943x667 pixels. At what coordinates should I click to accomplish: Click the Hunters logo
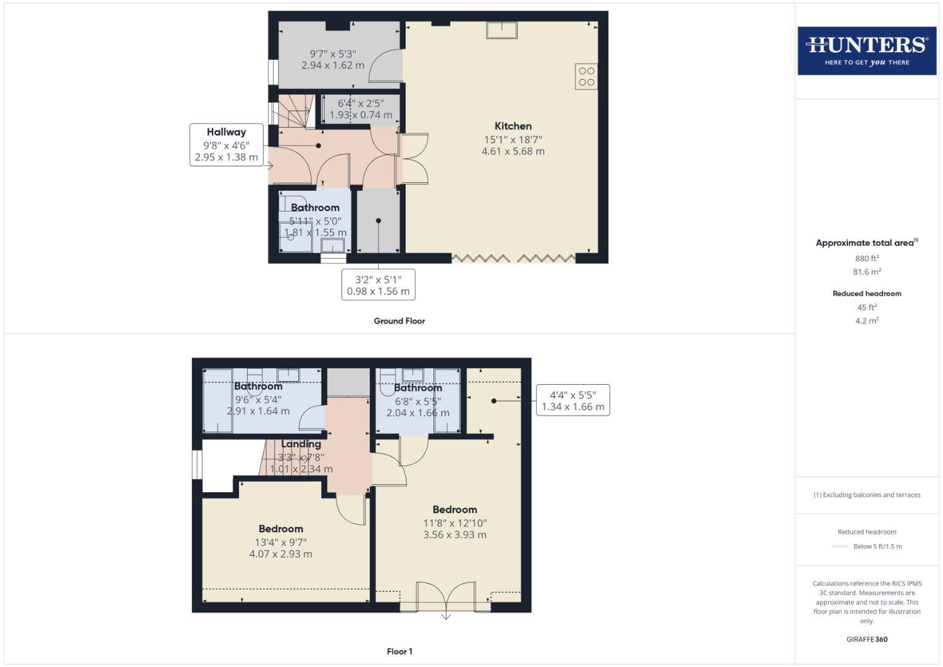[x=866, y=51]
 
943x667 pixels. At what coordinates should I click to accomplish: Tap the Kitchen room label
[x=513, y=126]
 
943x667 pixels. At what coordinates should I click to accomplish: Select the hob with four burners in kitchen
[x=586, y=77]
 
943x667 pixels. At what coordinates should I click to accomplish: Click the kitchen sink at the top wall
[x=501, y=30]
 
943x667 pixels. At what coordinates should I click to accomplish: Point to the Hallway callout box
[x=226, y=145]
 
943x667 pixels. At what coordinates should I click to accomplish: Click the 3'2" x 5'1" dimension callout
[x=378, y=285]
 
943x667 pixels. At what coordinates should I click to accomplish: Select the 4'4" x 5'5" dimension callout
[x=572, y=400]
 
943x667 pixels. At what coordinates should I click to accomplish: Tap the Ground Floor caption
[x=399, y=321]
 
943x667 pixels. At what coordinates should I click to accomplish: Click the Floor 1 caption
[x=399, y=652]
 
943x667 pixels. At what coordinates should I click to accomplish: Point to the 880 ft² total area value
[x=866, y=258]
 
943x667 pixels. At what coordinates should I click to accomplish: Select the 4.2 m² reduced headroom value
[x=866, y=321]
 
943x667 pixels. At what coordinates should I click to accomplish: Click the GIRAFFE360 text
[x=866, y=639]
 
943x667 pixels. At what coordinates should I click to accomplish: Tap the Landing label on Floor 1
[x=301, y=444]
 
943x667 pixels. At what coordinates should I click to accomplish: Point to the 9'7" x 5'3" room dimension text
[x=332, y=59]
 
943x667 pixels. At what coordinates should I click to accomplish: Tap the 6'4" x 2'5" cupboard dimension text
[x=360, y=109]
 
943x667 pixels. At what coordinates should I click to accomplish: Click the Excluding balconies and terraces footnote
[x=866, y=495]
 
